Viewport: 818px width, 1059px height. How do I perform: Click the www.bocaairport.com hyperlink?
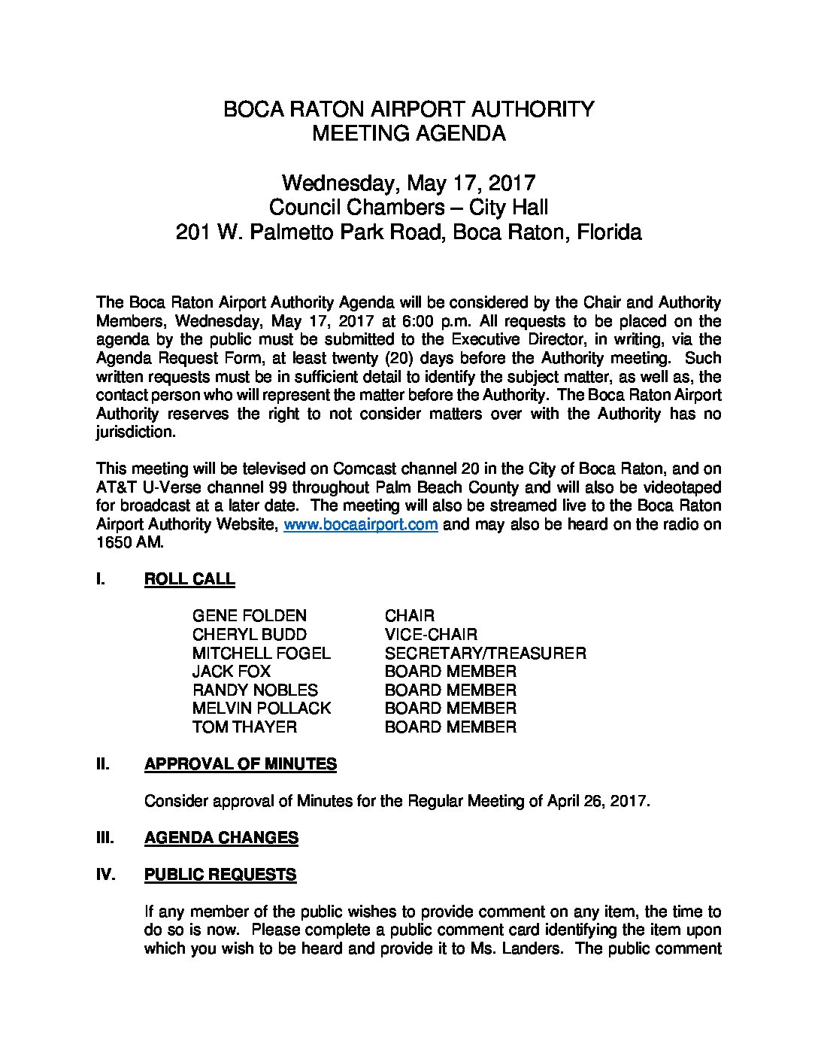(360, 524)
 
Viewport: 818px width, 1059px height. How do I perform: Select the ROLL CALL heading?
(189, 579)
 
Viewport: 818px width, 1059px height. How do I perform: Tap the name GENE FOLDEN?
(250, 616)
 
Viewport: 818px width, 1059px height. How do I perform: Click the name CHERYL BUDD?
(250, 635)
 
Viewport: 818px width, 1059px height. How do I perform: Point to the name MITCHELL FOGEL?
(261, 653)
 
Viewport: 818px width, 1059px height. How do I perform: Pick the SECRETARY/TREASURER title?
(485, 653)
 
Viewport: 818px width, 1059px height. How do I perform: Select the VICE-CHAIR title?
(431, 635)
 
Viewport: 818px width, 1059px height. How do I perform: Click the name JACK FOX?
(232, 671)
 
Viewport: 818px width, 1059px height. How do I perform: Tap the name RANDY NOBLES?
(255, 690)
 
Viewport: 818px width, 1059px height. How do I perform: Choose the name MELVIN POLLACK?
(261, 708)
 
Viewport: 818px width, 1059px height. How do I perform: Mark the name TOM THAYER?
(244, 727)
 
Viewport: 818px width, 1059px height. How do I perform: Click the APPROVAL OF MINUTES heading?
(240, 764)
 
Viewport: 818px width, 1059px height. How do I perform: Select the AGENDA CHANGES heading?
(221, 838)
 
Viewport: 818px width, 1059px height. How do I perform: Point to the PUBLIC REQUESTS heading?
(220, 875)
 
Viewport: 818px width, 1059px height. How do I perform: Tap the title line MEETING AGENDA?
(408, 134)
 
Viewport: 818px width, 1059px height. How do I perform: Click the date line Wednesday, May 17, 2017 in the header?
(408, 183)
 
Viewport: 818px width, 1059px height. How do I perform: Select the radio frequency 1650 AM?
(127, 543)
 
